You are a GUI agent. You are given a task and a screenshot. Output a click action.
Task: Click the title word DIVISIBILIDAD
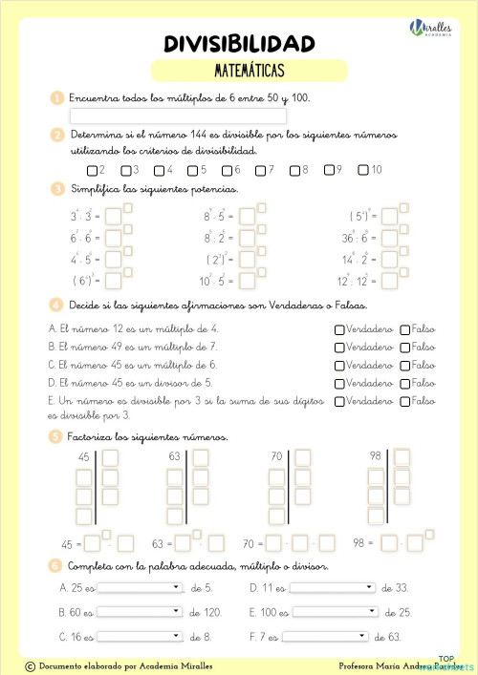tap(239, 43)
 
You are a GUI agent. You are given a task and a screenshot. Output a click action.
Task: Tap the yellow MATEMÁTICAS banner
tap(249, 70)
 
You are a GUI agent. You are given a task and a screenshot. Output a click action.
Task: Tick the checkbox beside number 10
tap(362, 170)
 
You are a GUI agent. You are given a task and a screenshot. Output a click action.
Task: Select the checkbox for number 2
tap(91, 171)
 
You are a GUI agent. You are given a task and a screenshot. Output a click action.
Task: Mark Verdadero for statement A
tap(339, 329)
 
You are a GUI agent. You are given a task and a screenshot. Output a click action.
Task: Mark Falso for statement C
tap(404, 366)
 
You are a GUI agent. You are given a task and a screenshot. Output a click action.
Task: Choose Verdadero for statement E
tap(339, 402)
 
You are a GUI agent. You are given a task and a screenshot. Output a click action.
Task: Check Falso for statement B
tap(404, 348)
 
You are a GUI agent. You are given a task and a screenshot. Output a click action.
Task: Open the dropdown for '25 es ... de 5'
tap(139, 587)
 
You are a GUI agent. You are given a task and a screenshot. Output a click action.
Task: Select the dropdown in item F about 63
tap(325, 636)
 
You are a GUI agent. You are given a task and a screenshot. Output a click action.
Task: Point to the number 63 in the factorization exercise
tap(175, 456)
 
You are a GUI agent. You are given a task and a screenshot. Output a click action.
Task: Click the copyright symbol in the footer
tap(30, 665)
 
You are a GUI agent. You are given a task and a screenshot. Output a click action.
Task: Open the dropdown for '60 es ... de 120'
tap(139, 611)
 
